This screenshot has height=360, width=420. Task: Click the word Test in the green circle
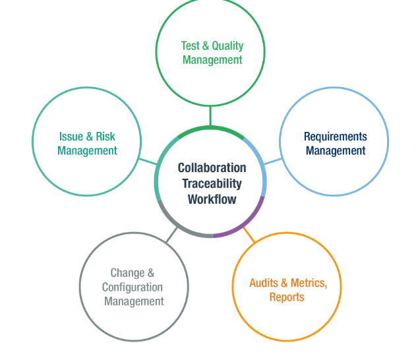pos(191,45)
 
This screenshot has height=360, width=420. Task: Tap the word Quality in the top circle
pos(227,45)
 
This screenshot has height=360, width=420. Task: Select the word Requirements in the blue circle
pos(335,136)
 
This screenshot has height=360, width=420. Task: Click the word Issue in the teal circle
pos(71,136)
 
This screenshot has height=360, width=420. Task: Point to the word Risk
pos(105,136)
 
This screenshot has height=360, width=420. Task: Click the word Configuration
pos(132,287)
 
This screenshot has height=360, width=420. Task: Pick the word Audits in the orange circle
pos(264,283)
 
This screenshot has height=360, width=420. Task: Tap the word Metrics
pos(308,283)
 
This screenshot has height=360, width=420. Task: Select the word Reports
pos(286,297)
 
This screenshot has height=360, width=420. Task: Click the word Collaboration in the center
pos(212,167)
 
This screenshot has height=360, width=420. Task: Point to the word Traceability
pos(212,183)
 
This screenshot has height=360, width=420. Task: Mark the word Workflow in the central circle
pos(212,199)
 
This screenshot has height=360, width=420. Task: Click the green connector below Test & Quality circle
pos(210,116)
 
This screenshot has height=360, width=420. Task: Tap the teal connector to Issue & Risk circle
pos(148,160)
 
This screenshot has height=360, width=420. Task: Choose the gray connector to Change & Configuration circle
pos(172,234)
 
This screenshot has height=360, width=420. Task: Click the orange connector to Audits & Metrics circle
pos(249,233)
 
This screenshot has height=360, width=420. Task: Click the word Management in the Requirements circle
pos(335,150)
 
